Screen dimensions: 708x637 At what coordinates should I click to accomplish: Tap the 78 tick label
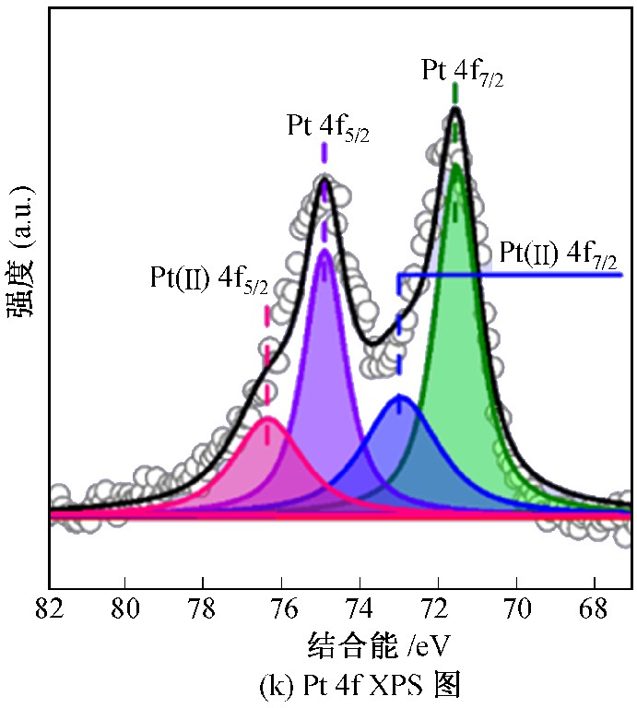coord(203,609)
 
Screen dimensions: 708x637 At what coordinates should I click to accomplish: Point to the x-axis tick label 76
coord(281,609)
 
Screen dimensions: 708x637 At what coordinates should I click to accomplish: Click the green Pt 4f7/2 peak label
coord(462,72)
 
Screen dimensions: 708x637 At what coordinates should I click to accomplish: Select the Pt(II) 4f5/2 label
coord(209,280)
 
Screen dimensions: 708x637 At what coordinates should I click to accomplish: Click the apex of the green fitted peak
coord(455,165)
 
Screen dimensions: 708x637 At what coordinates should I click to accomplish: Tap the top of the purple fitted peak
coord(324,250)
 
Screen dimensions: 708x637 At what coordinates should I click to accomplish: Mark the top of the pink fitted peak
coord(267,418)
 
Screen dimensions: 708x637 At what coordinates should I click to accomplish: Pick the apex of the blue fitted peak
coord(399,395)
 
